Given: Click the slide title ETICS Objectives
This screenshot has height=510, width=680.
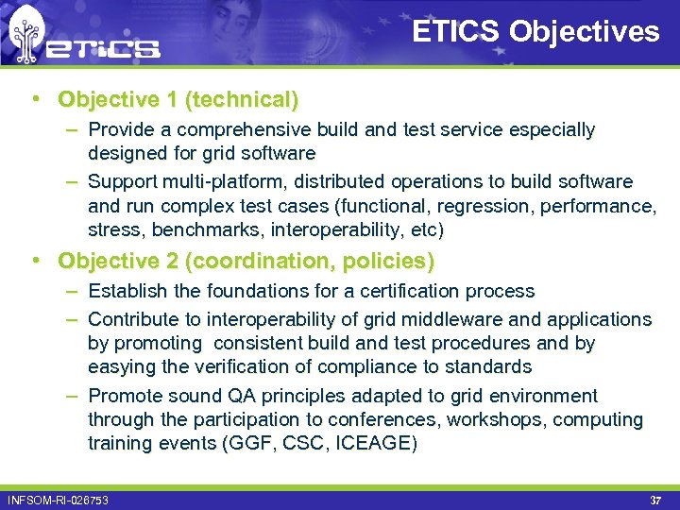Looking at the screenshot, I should pyautogui.click(x=535, y=32).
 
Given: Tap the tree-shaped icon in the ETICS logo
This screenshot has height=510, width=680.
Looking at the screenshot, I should pyautogui.click(x=25, y=35).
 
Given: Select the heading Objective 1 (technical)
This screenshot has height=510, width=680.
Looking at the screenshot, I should pyautogui.click(x=178, y=99).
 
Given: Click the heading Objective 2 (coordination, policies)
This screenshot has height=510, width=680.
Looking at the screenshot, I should pyautogui.click(x=246, y=260).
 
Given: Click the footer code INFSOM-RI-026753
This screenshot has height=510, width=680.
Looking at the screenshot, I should pyautogui.click(x=58, y=500).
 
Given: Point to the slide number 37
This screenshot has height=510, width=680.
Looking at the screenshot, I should pyautogui.click(x=655, y=500).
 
